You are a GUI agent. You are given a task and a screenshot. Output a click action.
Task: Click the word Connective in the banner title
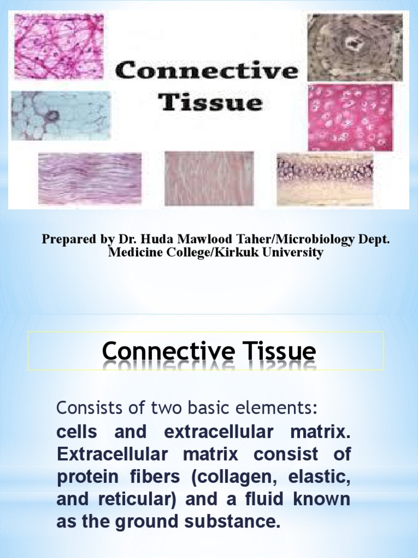click(x=207, y=71)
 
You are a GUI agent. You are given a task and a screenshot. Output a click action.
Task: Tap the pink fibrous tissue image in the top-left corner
click(x=59, y=47)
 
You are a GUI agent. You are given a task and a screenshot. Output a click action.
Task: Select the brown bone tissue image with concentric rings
click(x=355, y=47)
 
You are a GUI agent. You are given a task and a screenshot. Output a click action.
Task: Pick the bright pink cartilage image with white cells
click(x=350, y=117)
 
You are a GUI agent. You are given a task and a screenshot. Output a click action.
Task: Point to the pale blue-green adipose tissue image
click(x=60, y=116)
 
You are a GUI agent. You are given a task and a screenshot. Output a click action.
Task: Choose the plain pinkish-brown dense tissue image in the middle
click(x=209, y=178)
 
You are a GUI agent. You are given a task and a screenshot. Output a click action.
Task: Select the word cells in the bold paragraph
click(x=76, y=433)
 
